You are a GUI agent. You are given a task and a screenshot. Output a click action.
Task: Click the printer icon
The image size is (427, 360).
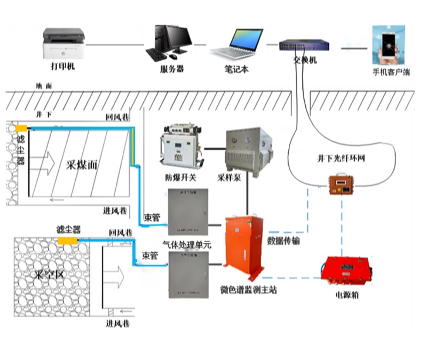click(x=64, y=44)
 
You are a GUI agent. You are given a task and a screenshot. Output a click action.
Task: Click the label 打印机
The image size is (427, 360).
click(x=63, y=67)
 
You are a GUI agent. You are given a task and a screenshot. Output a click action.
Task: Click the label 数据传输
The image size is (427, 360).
click(x=285, y=241)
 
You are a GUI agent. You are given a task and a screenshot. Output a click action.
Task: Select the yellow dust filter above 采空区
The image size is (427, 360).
click(x=68, y=241)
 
